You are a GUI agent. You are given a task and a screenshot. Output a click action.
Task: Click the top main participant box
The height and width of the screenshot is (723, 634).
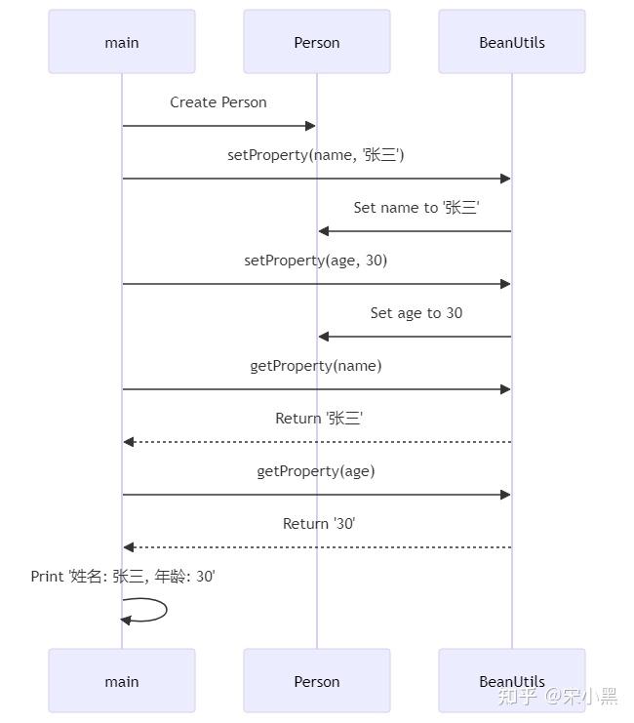coord(122,42)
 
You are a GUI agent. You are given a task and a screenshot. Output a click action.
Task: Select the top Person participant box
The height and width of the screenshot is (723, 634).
coord(317,42)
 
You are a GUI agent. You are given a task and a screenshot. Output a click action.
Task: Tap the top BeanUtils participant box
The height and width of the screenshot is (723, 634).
coord(512,42)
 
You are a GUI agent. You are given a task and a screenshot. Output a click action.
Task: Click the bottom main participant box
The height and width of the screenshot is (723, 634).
coord(122,681)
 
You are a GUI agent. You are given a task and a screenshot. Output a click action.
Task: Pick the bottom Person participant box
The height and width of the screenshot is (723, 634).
coord(317,681)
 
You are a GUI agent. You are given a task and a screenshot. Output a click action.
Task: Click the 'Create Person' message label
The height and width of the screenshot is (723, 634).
coord(218,102)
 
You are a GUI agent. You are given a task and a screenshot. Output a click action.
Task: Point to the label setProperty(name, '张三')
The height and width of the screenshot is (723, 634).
coord(316,155)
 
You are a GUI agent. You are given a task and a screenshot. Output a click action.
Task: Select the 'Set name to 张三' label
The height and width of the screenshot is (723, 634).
coord(416,208)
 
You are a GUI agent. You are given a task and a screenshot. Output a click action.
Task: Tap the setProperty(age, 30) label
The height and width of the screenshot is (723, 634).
coord(316,261)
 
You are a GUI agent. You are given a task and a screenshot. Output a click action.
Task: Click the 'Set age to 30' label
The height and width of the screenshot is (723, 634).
coord(416,313)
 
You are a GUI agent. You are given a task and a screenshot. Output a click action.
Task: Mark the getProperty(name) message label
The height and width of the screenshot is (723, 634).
coord(316,366)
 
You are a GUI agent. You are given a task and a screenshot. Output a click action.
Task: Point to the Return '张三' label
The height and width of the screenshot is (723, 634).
coord(319,419)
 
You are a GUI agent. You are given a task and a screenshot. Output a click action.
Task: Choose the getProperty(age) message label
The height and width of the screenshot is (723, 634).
coord(316,471)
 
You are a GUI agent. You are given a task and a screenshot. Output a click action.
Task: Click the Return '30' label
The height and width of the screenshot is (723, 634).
coord(319,524)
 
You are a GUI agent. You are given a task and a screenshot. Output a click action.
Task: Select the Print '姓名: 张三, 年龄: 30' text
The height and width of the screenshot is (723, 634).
coord(123,577)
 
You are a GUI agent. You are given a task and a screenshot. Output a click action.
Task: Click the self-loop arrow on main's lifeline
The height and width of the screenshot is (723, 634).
coord(156,610)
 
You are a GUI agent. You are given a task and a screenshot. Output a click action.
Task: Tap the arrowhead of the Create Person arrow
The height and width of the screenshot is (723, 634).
coord(310,126)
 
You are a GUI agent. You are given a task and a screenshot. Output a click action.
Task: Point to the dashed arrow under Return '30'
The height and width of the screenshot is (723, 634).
coord(317,547)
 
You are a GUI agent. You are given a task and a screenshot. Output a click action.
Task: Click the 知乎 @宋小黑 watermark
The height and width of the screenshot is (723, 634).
coord(557,696)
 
